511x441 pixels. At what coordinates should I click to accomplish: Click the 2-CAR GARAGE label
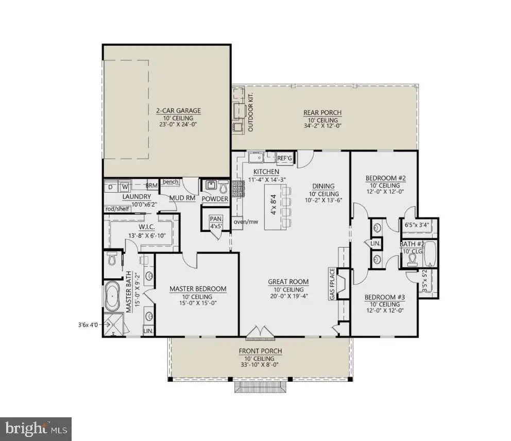click(178, 111)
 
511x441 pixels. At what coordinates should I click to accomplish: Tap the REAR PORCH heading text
click(322, 113)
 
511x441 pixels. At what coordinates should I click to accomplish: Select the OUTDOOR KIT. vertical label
click(251, 112)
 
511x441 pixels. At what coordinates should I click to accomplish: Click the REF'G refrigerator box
click(285, 158)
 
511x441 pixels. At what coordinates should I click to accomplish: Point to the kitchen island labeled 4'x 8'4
click(273, 207)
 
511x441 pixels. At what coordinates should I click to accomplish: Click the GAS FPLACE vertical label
click(332, 284)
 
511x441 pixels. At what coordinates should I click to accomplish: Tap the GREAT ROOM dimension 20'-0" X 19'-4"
click(288, 296)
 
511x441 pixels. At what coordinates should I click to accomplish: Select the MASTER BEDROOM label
click(198, 289)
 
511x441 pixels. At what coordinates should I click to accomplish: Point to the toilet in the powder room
click(224, 188)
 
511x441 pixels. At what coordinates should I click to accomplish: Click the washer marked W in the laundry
click(125, 187)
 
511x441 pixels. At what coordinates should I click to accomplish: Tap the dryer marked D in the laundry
click(111, 187)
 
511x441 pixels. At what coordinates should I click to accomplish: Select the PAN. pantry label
click(216, 219)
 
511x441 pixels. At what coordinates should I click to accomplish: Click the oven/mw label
click(246, 222)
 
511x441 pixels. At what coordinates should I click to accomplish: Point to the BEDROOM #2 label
click(385, 178)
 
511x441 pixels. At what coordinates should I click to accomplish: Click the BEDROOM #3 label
click(385, 297)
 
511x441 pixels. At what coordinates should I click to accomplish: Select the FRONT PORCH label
click(260, 351)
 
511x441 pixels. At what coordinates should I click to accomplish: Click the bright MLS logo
click(36, 429)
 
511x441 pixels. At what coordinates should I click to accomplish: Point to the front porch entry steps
click(261, 387)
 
